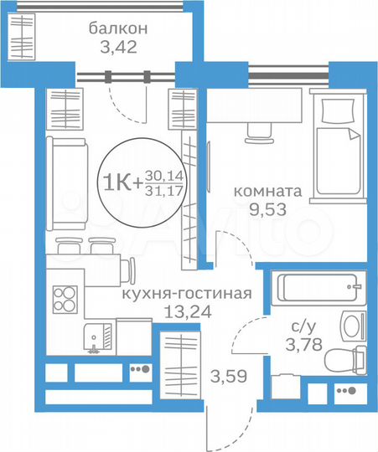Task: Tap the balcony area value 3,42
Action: click(118, 48)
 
